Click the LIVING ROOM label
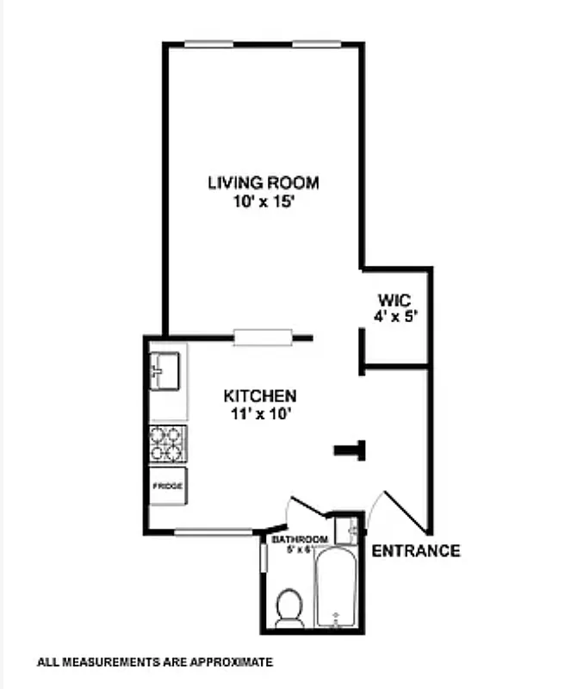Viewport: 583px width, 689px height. pos(263,183)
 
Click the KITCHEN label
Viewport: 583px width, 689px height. pos(260,396)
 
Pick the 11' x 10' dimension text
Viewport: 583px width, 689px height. pos(260,413)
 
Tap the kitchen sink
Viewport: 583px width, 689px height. pos(166,370)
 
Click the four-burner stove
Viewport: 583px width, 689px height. pos(168,444)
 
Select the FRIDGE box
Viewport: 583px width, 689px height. pos(168,487)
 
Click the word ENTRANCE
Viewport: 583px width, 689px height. pos(415,551)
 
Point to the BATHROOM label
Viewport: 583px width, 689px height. pos(300,540)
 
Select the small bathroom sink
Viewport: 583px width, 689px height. pos(347,527)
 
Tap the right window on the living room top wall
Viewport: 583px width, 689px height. pos(316,43)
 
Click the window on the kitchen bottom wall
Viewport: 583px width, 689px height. pos(213,531)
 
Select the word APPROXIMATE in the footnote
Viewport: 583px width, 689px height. pos(229,662)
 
